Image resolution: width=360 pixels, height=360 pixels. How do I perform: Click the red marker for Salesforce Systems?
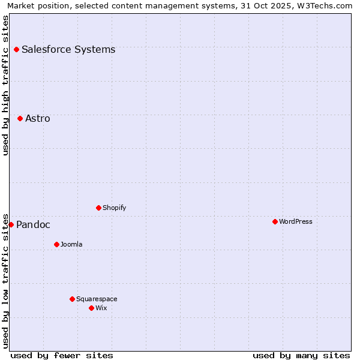(16, 49)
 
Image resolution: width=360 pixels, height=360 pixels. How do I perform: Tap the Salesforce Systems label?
(68, 49)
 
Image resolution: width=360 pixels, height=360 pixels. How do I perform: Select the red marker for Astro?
(20, 118)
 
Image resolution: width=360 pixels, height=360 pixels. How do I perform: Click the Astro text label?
(38, 118)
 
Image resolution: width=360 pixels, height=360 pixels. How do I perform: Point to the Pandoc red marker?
(11, 224)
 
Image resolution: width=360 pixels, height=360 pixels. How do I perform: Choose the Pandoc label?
(33, 225)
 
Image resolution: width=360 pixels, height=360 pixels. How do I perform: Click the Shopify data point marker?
(98, 208)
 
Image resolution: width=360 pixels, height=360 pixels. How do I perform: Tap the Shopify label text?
(114, 208)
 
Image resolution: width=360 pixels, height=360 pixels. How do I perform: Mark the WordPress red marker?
(275, 221)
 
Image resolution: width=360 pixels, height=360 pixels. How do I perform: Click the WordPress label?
(295, 221)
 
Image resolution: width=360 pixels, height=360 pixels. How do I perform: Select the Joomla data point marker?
(56, 244)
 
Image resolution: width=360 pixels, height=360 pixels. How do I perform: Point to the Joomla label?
(71, 244)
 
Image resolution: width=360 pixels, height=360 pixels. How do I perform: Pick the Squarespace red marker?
(72, 299)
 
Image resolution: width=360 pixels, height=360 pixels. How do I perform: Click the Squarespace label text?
(97, 299)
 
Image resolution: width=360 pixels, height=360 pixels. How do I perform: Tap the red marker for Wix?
(91, 308)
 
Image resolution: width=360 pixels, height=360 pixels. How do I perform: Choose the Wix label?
(101, 308)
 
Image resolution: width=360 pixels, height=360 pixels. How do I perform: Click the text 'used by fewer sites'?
(62, 355)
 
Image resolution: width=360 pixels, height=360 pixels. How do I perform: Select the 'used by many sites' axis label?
(301, 355)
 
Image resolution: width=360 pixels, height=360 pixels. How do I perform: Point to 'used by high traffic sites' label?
(6, 85)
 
